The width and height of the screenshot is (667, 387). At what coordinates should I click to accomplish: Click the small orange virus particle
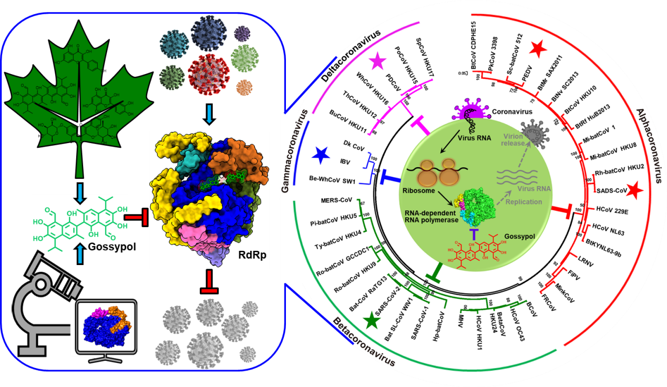[244, 85]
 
